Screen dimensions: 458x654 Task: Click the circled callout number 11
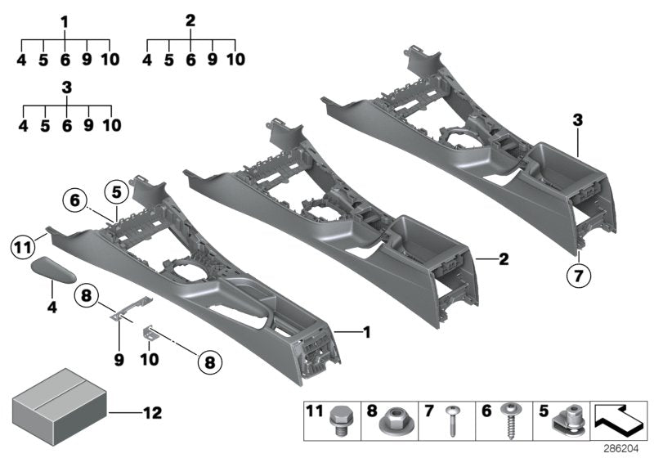click(22, 244)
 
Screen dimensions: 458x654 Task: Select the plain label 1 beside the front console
click(367, 332)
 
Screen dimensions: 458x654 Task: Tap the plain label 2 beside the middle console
click(504, 260)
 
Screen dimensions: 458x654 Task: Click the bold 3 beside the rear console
click(577, 120)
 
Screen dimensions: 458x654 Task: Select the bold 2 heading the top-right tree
click(190, 20)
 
